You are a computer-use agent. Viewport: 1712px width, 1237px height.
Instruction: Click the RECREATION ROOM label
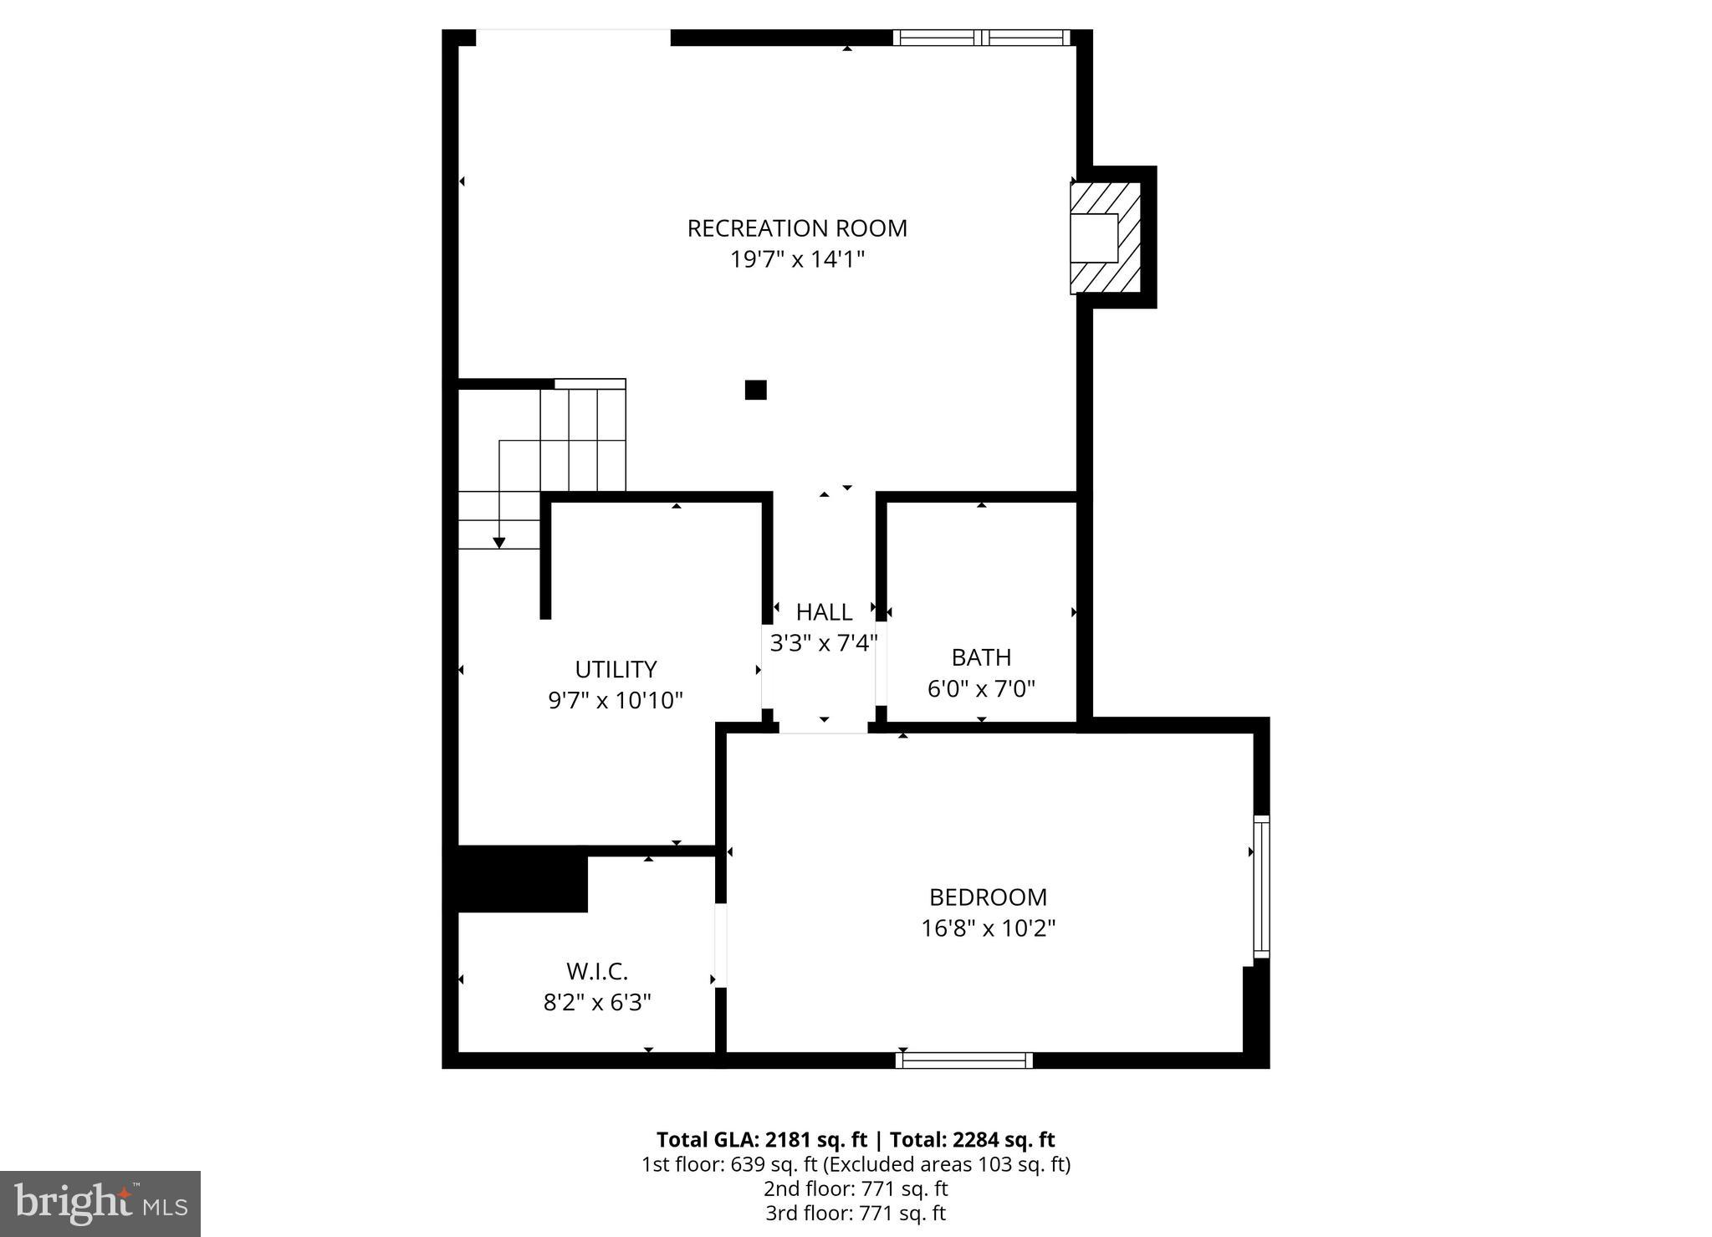[x=796, y=228]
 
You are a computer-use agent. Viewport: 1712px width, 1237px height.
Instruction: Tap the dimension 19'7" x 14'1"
[x=796, y=259]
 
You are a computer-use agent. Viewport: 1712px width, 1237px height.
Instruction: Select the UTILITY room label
[x=616, y=669]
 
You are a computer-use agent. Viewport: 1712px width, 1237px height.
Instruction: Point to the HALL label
[x=824, y=612]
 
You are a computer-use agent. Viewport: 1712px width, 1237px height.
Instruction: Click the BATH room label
[x=981, y=657]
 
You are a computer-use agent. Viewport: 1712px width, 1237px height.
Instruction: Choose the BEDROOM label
[x=988, y=897]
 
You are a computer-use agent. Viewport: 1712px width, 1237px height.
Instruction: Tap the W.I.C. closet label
[x=597, y=972]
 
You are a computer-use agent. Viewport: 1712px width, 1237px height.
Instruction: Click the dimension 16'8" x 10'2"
[x=988, y=928]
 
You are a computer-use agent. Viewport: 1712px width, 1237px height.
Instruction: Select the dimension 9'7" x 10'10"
[x=616, y=700]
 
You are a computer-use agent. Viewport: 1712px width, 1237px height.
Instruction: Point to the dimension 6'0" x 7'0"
[x=981, y=689]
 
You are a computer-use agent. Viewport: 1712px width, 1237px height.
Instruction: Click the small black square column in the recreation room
[x=755, y=390]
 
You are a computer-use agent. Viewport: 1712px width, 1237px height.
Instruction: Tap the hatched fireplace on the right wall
[x=1105, y=238]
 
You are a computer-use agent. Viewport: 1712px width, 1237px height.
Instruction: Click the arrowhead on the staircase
[x=499, y=543]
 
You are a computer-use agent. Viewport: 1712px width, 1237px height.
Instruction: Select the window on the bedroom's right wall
[x=1261, y=887]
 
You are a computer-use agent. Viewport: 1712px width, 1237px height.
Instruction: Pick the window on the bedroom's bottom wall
[x=963, y=1061]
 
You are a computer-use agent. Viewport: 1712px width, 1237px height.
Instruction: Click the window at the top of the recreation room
[x=981, y=38]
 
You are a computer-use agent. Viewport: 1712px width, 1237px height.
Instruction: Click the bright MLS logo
[x=100, y=1204]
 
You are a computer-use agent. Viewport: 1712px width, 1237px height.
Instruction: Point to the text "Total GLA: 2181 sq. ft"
[x=761, y=1140]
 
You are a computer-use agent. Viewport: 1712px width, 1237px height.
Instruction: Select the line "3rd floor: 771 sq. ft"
[x=856, y=1213]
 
